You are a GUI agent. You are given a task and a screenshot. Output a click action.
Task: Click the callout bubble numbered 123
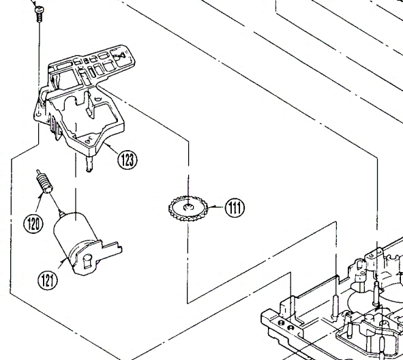click(128, 160)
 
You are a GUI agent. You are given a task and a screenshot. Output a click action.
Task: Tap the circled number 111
click(235, 208)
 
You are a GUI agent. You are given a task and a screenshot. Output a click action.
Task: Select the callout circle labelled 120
click(33, 224)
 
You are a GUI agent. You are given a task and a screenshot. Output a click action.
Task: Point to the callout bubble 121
click(48, 280)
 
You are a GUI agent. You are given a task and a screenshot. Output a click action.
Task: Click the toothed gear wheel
click(188, 209)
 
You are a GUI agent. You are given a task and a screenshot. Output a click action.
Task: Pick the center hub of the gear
click(188, 207)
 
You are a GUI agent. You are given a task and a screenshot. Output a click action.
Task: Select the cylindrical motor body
click(74, 235)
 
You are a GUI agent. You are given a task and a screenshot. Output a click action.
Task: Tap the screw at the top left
click(39, 14)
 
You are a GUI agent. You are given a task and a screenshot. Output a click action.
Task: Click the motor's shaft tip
click(61, 213)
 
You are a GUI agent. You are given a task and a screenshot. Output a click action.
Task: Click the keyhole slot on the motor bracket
click(88, 260)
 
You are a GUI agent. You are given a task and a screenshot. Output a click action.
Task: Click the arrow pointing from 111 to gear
click(216, 207)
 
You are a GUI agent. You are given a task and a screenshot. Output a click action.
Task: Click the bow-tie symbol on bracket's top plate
click(121, 56)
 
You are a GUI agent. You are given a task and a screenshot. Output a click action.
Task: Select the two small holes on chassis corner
click(286, 325)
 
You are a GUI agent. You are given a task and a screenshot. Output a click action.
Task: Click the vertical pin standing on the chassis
click(335, 307)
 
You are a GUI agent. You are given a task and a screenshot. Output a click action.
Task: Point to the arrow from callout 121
click(61, 263)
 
